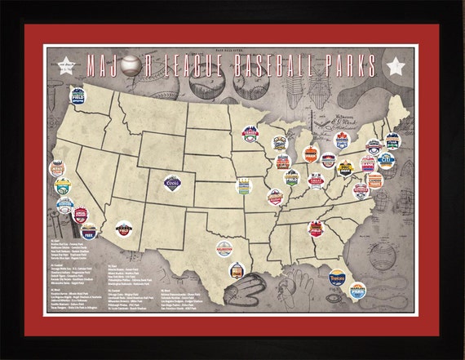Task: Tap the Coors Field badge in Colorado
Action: tap(173, 181)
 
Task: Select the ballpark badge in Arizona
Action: tap(124, 231)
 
